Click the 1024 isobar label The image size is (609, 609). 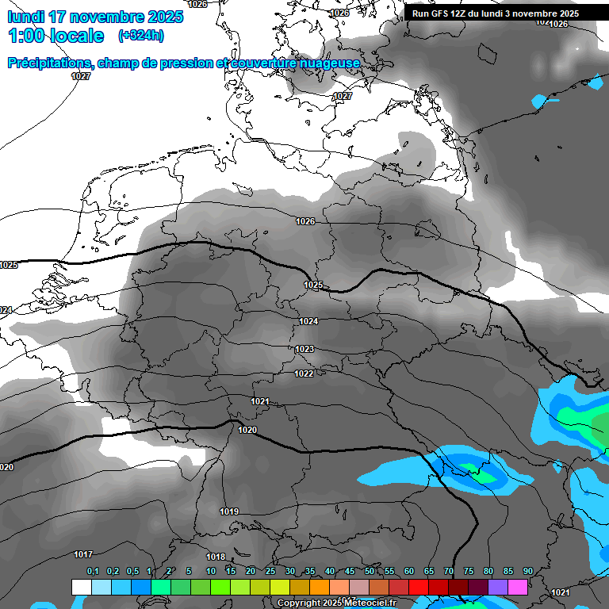tap(308, 321)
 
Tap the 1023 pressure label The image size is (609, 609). tap(304, 349)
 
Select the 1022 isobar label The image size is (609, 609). tap(304, 373)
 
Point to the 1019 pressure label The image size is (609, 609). tap(229, 511)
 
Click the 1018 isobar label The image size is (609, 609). tap(216, 557)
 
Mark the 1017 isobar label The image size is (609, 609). tap(83, 554)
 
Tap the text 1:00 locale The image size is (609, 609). tap(56, 36)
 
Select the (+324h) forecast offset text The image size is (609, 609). tap(140, 36)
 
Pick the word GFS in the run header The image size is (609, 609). tap(444, 13)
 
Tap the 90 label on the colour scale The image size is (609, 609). tap(527, 572)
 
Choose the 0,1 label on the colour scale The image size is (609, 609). tap(93, 572)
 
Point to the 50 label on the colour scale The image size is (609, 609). tap(370, 572)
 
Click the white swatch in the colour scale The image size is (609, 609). tap(81, 587)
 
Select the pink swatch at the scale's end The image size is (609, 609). tap(518, 587)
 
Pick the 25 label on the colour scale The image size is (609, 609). tap(270, 572)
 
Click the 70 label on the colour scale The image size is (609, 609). tap(449, 572)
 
